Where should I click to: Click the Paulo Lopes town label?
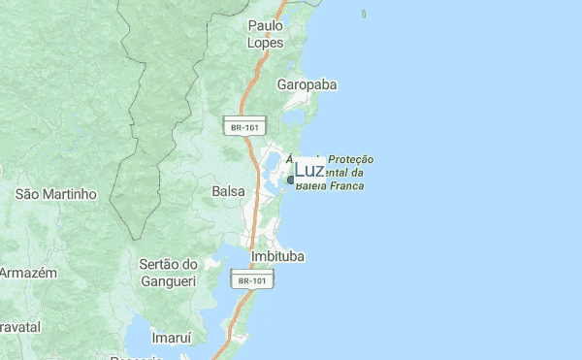(x=266, y=34)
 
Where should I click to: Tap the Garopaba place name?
(x=307, y=85)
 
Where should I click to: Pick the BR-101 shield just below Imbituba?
(x=251, y=280)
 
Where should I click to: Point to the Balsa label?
(x=228, y=192)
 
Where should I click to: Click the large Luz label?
(x=309, y=171)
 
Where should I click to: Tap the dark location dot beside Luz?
(x=290, y=180)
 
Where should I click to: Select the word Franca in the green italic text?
(x=346, y=185)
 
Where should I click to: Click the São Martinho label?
(x=56, y=194)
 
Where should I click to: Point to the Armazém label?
(x=28, y=273)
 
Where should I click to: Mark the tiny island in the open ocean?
(x=364, y=16)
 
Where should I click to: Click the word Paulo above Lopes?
(x=266, y=25)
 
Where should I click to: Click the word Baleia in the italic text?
(x=310, y=185)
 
